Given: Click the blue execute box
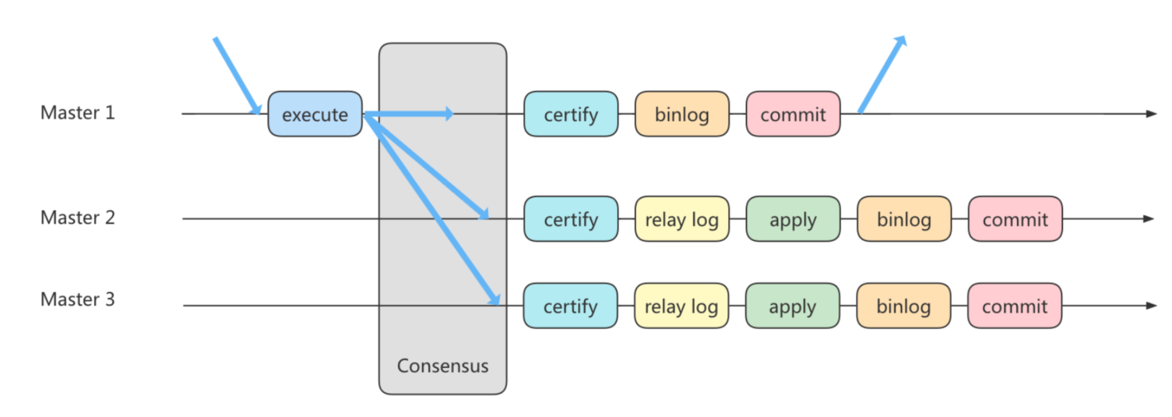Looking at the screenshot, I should pos(315,115).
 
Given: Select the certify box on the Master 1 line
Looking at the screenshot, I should pos(571,115).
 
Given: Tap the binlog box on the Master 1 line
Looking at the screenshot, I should pos(682,115).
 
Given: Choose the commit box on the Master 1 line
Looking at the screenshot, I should pos(793,115).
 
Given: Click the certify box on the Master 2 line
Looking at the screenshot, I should pos(571,219).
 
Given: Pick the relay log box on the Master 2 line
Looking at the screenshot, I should pos(682,219).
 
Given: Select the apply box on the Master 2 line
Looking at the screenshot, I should pos(793,219).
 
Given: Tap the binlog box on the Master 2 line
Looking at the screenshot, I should pos(904,219).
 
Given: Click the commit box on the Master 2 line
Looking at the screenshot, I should pos(1015,219).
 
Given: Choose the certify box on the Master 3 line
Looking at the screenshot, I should pos(571,306).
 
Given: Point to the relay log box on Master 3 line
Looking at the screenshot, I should pos(681,306).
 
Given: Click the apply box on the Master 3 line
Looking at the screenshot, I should pos(792,306).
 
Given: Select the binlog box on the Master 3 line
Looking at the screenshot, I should pos(903,306).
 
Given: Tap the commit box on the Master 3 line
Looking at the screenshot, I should pos(1014,306).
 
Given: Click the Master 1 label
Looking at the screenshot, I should pos(77,113).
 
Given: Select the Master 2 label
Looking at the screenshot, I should pos(77,217).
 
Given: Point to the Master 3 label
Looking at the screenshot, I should pos(77,299).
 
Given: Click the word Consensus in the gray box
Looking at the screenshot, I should pos(442,366).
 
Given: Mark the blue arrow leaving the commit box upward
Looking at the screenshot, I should pos(882,75).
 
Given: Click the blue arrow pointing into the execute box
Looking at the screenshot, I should pos(237,75).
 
